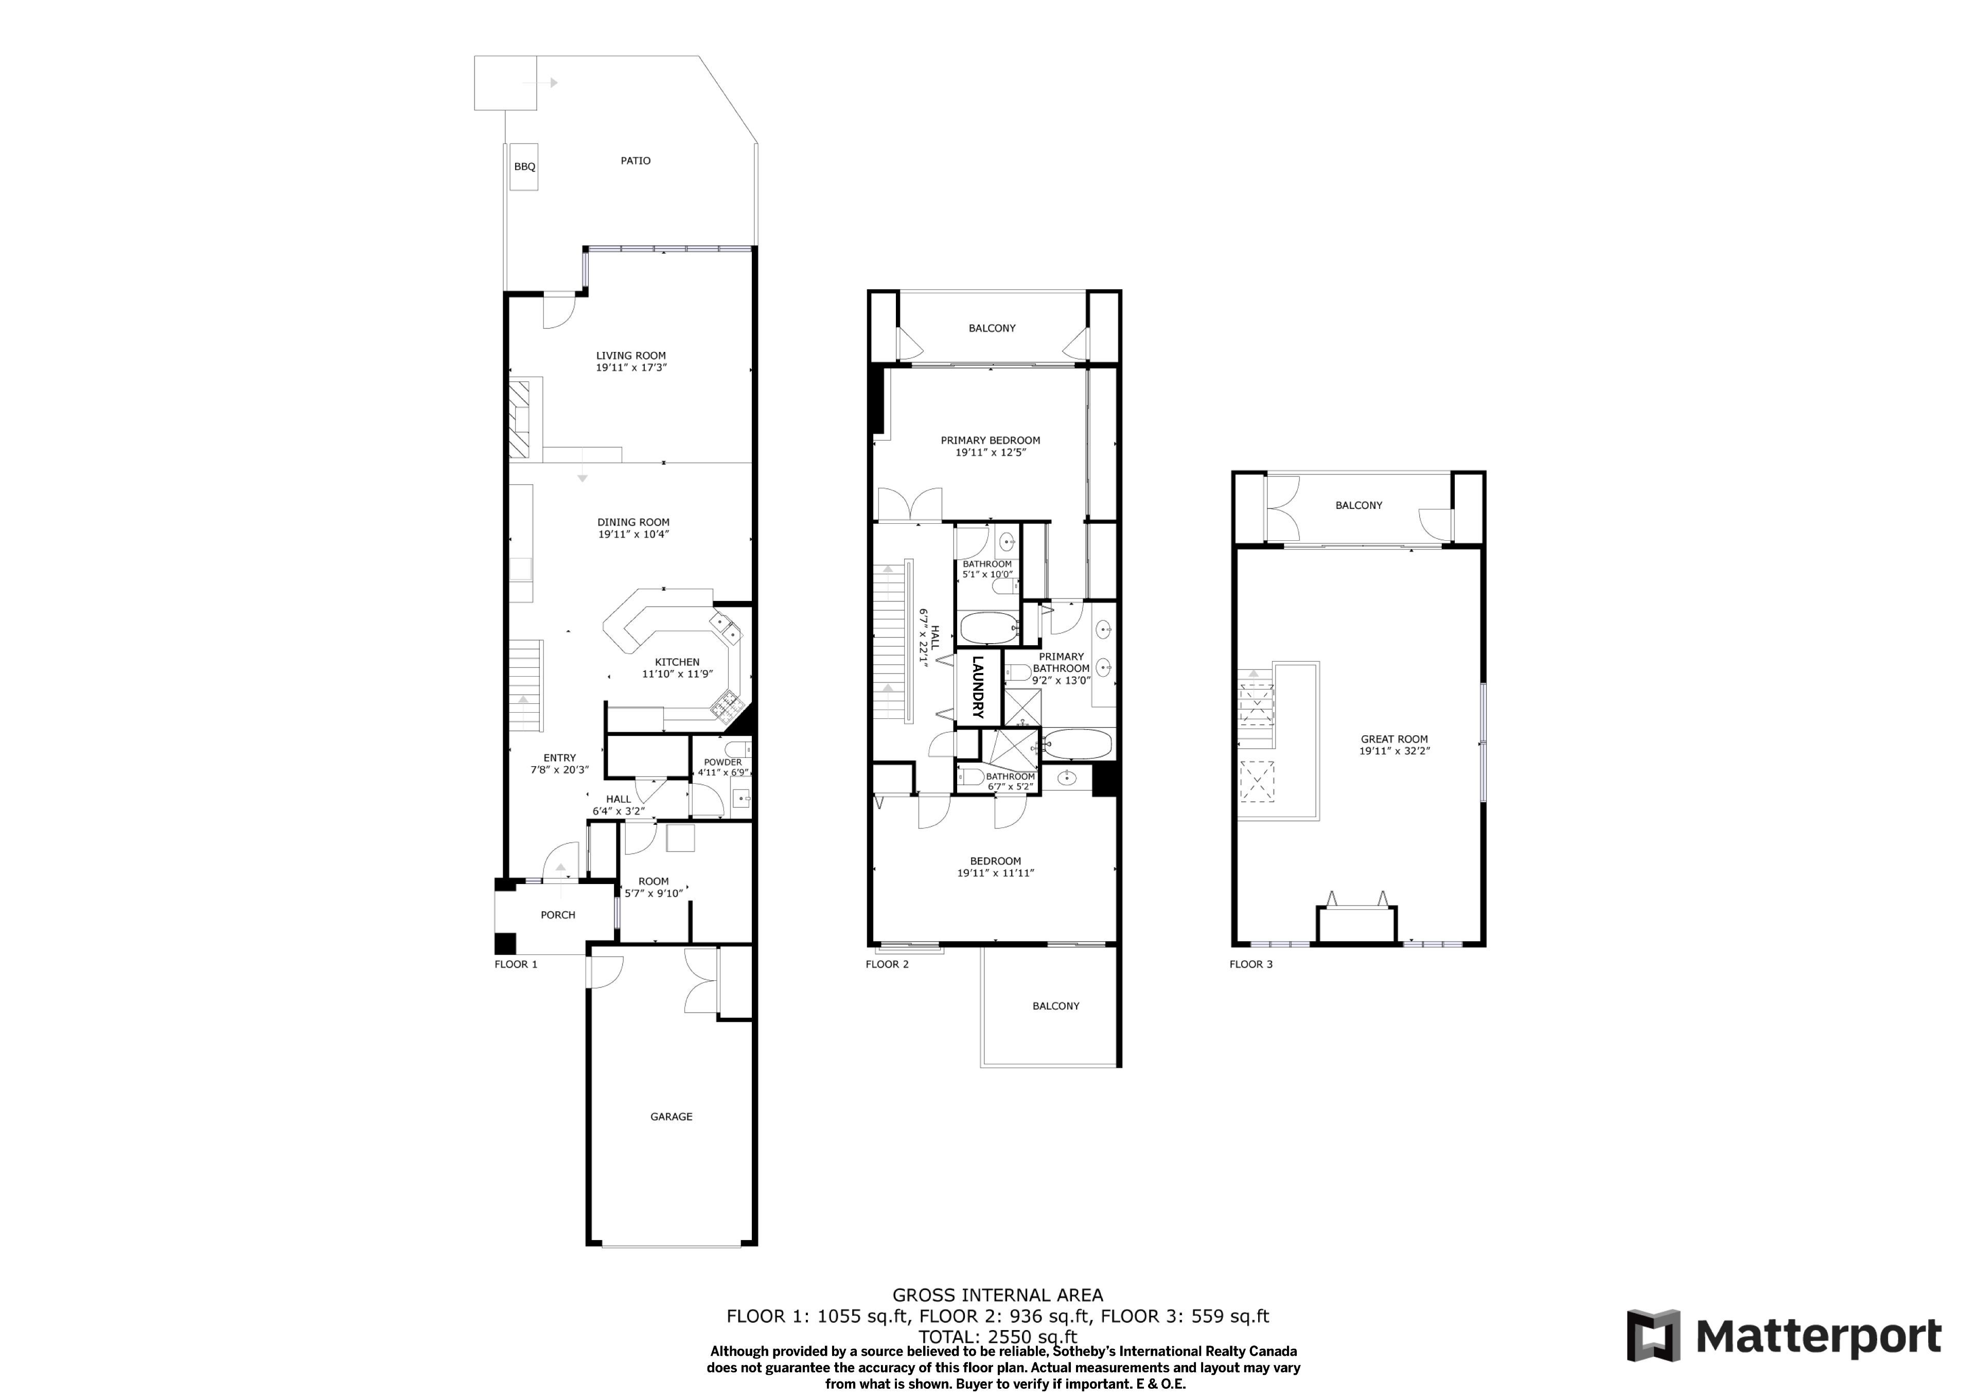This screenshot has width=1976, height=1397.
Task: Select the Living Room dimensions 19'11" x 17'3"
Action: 632,367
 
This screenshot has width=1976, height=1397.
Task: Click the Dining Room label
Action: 633,522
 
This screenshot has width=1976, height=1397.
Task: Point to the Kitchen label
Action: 677,662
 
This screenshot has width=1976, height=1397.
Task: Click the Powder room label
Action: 723,762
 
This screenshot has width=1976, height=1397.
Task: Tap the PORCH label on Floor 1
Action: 558,915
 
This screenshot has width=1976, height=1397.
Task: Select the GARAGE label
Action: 672,1117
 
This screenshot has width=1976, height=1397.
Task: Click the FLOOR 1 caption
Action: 516,964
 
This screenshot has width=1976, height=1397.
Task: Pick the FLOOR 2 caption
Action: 887,964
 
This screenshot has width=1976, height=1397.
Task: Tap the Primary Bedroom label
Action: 991,440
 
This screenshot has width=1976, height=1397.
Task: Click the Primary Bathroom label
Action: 1061,662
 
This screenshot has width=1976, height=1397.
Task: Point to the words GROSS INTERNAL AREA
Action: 997,1295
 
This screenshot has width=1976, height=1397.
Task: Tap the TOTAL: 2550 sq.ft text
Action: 997,1337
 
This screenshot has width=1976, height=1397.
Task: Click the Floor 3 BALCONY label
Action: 1359,505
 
